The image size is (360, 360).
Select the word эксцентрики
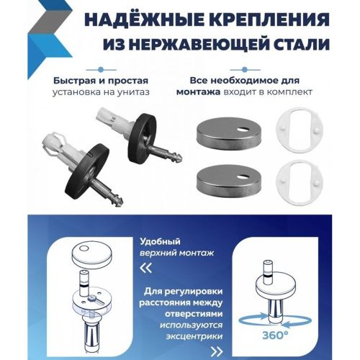(x=194, y=336)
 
